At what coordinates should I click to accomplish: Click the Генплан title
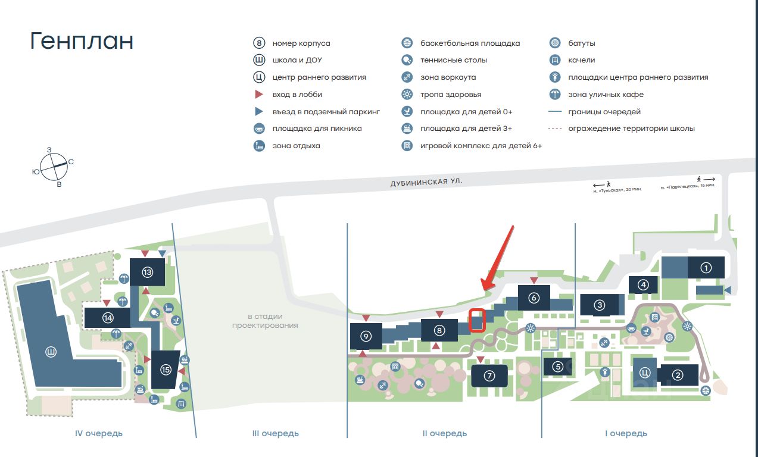[82, 42]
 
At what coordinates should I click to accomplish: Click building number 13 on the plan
[148, 273]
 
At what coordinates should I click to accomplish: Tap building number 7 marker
[489, 376]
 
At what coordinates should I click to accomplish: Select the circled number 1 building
[706, 268]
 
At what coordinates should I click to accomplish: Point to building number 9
[366, 336]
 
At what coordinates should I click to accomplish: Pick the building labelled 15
[166, 370]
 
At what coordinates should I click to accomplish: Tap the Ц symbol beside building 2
[644, 373]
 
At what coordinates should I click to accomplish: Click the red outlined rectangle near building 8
[478, 320]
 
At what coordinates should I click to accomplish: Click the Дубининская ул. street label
[426, 181]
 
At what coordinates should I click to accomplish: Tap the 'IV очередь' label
[99, 433]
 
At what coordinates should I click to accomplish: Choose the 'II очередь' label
[444, 433]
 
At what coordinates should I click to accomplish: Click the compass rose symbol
[54, 165]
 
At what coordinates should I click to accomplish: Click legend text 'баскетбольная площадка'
[470, 43]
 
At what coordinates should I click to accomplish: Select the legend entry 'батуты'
[581, 43]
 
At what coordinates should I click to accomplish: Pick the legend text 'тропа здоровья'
[450, 95]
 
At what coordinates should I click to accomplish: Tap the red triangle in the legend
[258, 95]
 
